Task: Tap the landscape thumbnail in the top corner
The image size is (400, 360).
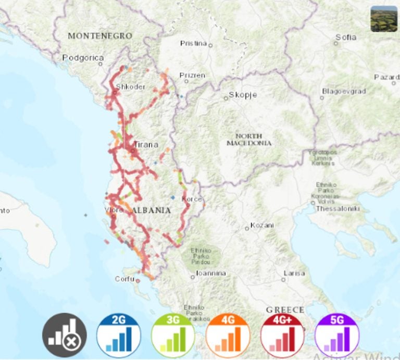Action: (384, 19)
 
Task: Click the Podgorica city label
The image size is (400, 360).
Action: (83, 58)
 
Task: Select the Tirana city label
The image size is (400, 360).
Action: (146, 145)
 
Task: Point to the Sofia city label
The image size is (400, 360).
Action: (346, 37)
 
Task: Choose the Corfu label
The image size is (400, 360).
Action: (124, 279)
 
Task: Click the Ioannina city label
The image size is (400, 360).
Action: (211, 274)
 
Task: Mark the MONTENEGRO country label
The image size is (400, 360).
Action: (99, 36)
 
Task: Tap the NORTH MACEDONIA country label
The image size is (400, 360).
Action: (249, 139)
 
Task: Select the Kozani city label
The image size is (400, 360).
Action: (262, 226)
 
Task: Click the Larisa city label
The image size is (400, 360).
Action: (294, 273)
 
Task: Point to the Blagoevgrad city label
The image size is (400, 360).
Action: (344, 91)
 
